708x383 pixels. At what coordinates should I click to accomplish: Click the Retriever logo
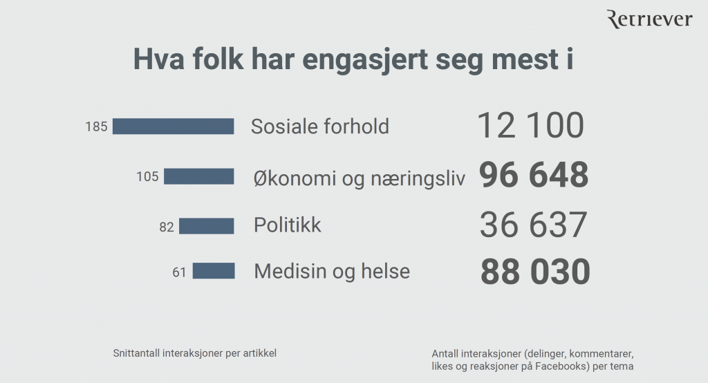click(649, 20)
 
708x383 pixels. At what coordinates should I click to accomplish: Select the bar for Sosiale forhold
click(173, 126)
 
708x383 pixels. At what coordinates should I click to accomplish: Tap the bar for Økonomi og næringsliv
click(198, 176)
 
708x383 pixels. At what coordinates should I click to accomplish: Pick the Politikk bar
click(206, 226)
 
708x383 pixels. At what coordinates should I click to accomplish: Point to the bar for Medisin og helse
click(213, 271)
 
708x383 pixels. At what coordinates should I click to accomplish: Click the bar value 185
click(96, 127)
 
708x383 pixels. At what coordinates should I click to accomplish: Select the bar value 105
click(147, 177)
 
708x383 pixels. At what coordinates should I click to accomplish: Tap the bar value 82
click(167, 227)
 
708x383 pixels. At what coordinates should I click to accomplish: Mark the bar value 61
click(180, 272)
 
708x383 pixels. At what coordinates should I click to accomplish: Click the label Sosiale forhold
click(319, 127)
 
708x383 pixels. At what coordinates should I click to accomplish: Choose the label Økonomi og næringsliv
click(359, 178)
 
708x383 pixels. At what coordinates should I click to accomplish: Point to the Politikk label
click(287, 225)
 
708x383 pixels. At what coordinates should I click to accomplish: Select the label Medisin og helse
click(332, 271)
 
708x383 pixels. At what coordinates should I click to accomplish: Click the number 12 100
click(530, 126)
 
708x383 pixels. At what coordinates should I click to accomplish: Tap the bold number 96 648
click(533, 176)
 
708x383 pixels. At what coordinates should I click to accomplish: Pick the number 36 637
click(532, 225)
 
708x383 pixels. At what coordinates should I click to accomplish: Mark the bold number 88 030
click(534, 272)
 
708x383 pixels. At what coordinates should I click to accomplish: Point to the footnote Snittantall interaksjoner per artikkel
click(194, 353)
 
